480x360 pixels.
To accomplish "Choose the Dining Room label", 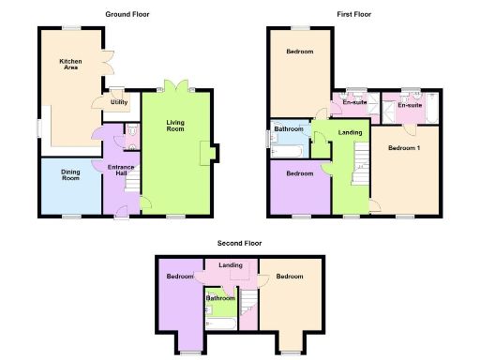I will pyautogui.click(x=71, y=174).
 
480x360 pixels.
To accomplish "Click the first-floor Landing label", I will pyautogui.click(x=350, y=133).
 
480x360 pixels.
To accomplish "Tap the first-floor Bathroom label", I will pyautogui.click(x=288, y=128).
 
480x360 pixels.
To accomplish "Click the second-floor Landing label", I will pyautogui.click(x=231, y=265).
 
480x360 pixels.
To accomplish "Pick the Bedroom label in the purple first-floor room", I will pyautogui.click(x=299, y=173).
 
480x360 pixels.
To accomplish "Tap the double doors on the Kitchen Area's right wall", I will pyautogui.click(x=109, y=63).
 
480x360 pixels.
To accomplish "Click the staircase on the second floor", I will pyautogui.click(x=248, y=301).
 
